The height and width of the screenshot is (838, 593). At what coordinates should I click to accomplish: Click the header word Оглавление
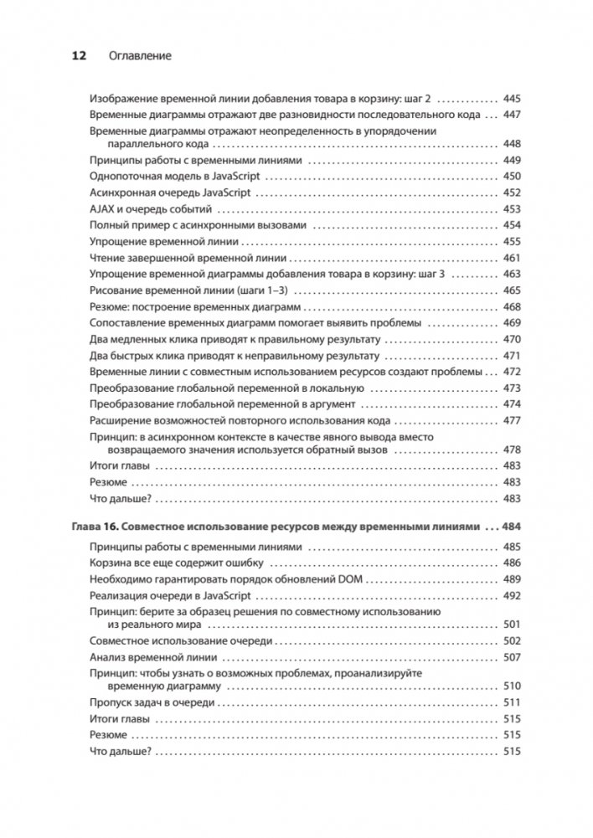point(140,56)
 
